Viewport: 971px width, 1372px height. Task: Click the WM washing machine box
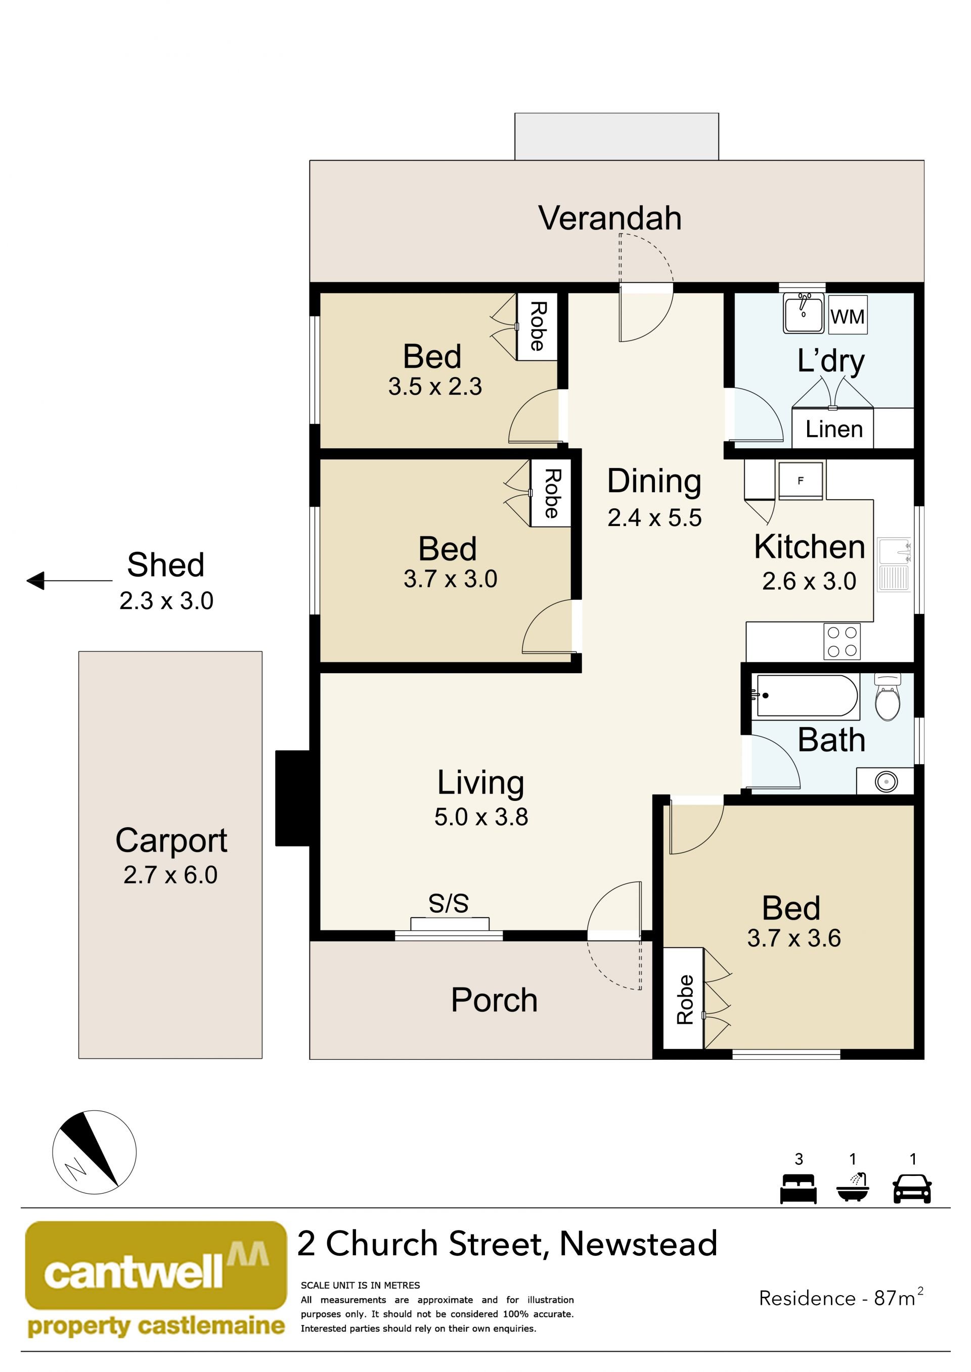click(x=847, y=315)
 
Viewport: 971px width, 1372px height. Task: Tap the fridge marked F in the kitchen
click(x=801, y=481)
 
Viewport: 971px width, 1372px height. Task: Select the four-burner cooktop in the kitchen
click(x=842, y=641)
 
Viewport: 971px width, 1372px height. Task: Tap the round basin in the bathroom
click(x=886, y=781)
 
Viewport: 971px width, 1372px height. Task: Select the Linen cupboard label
click(x=834, y=429)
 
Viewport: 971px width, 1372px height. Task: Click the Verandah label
click(x=610, y=218)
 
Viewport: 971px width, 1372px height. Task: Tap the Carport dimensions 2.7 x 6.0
click(x=170, y=875)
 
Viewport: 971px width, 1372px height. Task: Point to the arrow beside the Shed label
click(x=69, y=580)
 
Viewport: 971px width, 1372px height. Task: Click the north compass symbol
click(x=95, y=1152)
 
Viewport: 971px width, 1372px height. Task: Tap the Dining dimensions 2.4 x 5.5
click(x=655, y=517)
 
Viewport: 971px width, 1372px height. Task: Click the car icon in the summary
click(x=912, y=1189)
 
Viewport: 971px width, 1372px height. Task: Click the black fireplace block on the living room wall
click(x=292, y=798)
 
